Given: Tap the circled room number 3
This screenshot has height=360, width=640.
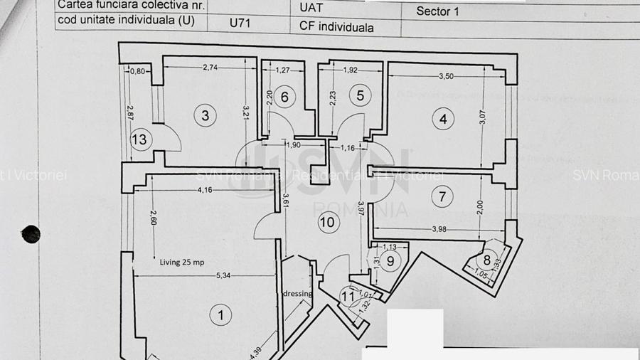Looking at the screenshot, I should click(205, 115).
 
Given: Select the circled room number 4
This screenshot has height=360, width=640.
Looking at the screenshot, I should click(443, 120).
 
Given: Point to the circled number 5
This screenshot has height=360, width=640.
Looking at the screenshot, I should click(360, 95).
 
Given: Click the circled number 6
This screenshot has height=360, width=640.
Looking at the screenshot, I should click(284, 97).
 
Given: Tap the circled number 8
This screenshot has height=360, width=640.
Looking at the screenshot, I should click(488, 260).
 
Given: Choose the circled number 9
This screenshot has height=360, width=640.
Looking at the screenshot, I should click(390, 261).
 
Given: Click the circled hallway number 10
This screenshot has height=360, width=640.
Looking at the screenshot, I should click(327, 222).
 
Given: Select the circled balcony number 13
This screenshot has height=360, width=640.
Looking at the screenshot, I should click(139, 139).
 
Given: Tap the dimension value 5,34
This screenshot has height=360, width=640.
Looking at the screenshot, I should click(203, 275).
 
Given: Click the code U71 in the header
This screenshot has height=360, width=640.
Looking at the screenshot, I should click(240, 23).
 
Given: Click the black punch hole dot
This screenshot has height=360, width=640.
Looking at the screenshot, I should click(31, 233).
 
